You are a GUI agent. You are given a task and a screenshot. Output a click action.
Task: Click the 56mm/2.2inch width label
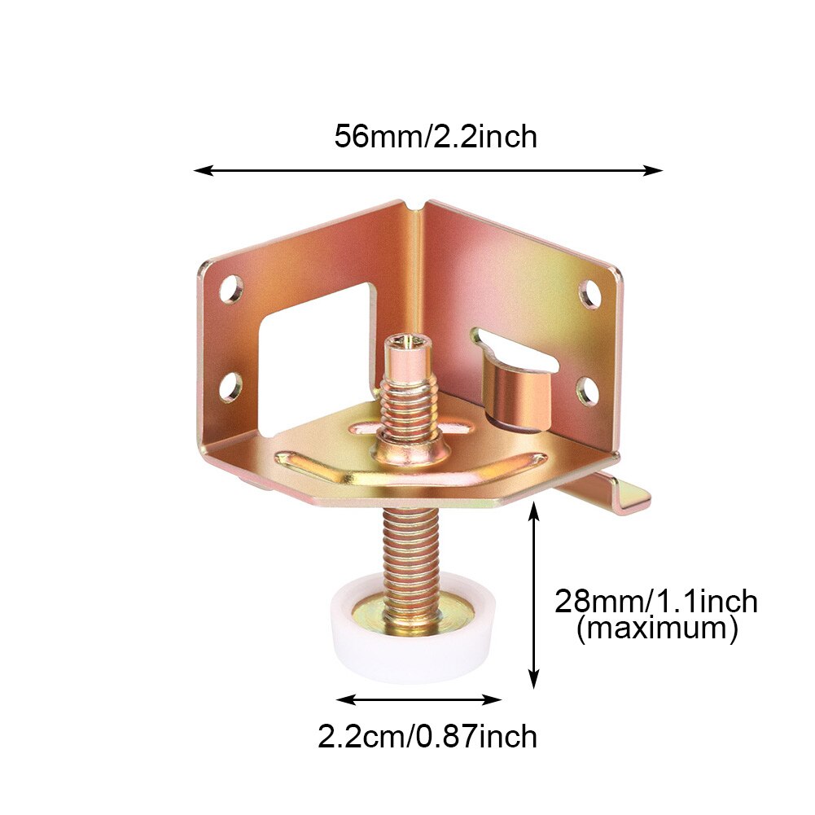tap(436, 137)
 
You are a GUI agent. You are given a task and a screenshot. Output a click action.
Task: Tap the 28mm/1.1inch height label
tap(656, 602)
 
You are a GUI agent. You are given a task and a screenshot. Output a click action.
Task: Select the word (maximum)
tap(657, 629)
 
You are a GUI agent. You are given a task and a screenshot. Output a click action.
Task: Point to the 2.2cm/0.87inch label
tap(427, 737)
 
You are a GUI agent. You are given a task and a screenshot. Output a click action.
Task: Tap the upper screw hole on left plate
tap(231, 290)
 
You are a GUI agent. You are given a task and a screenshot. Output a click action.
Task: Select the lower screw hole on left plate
tap(230, 388)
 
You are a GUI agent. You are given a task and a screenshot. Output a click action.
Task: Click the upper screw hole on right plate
tap(590, 294)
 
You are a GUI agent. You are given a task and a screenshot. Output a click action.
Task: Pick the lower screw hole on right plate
tap(588, 391)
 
